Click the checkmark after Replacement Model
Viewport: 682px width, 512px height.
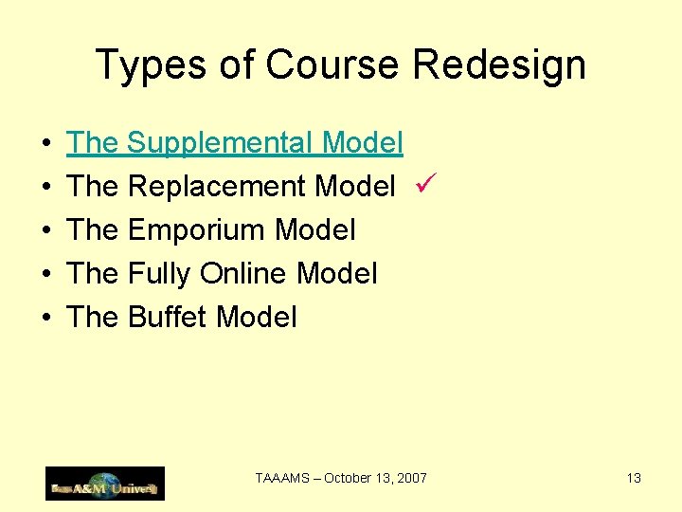[x=422, y=185]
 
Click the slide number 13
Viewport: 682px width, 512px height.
[x=634, y=479]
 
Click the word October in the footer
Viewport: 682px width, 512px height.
[x=350, y=479]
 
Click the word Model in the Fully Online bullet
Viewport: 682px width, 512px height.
[x=336, y=274]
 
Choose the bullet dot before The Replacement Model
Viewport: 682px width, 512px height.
[x=46, y=188]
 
